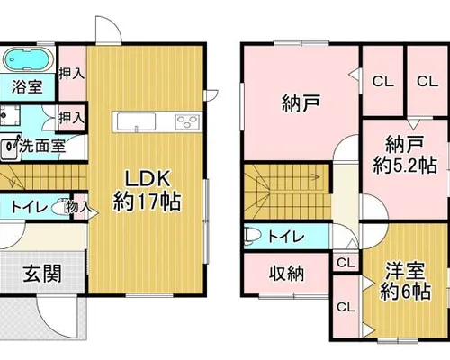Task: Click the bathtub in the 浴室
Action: pos(27,59)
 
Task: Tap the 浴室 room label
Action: pos(27,87)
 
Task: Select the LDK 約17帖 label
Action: pos(147,190)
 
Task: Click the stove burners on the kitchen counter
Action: pos(187,121)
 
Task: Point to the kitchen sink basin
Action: pos(136,121)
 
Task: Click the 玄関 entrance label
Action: pos(43,274)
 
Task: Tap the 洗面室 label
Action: pos(42,147)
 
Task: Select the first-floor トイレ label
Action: pos(29,207)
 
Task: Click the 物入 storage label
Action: pos(78,207)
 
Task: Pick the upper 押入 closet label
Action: pos(71,74)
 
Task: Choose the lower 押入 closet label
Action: pos(71,118)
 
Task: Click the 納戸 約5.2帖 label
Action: pos(405,154)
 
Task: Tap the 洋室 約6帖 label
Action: pos(405,281)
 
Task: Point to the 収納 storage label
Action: pos(286,274)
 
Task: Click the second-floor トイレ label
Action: pos(286,237)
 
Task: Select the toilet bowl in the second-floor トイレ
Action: pos(251,236)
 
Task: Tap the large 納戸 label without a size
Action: pos(301,103)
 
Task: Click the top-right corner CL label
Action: pos(427,81)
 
